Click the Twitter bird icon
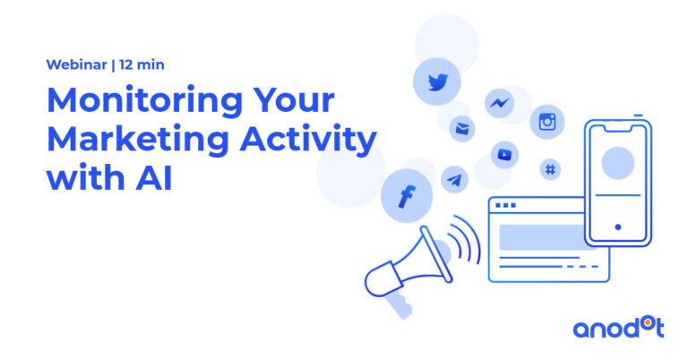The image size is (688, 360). point(437,82)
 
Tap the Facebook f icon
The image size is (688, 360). point(408,196)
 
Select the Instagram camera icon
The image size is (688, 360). point(547,122)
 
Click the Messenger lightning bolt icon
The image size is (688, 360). point(499,103)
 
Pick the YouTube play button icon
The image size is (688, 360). point(504,154)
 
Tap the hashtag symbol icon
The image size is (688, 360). point(550,169)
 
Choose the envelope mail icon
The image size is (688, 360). point(462,128)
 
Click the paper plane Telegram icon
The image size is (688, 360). point(454,180)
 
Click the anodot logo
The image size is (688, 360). point(619,329)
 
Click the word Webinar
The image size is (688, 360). point(77,64)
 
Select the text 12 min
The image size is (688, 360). point(142,64)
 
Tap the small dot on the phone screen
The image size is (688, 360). point(618,227)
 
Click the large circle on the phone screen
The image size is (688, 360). point(618,163)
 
